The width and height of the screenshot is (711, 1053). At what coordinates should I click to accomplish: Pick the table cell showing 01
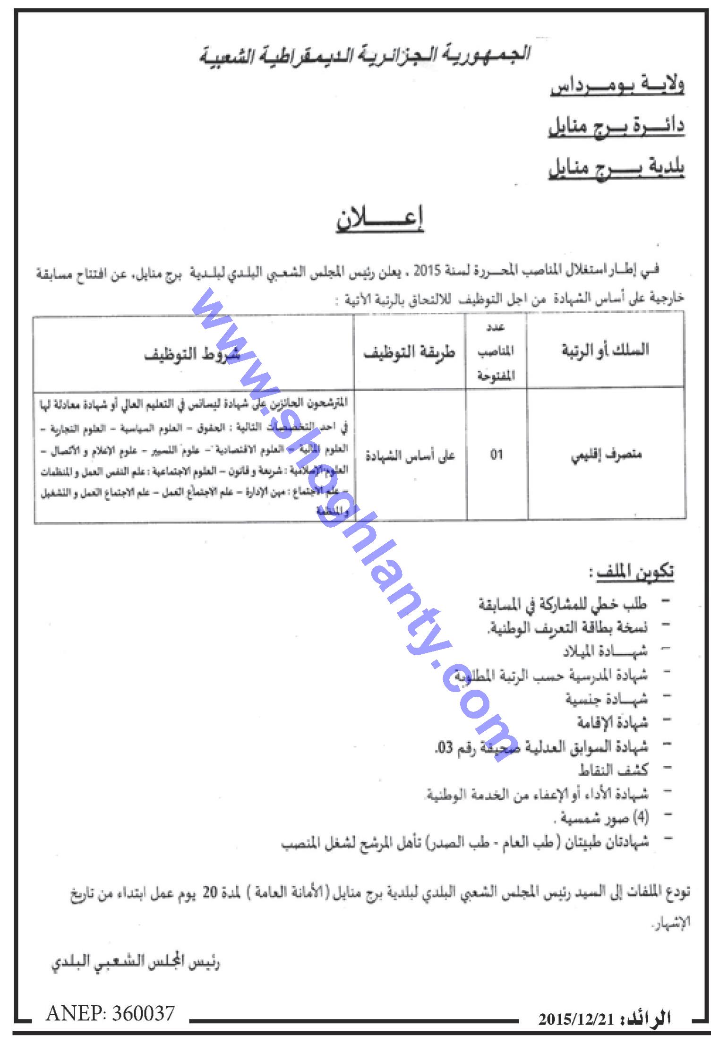tap(496, 455)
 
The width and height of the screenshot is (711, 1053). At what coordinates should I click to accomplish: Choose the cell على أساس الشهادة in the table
tap(410, 456)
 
